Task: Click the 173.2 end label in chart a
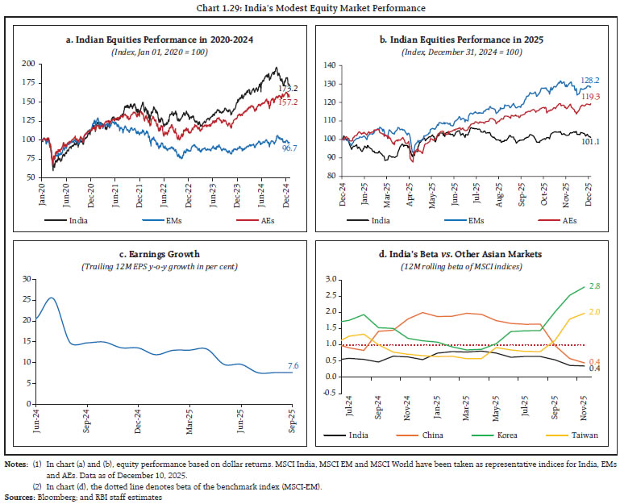pyautogui.click(x=289, y=87)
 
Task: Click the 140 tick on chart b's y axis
pyautogui.click(x=328, y=63)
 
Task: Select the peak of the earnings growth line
pyautogui.click(x=52, y=298)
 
